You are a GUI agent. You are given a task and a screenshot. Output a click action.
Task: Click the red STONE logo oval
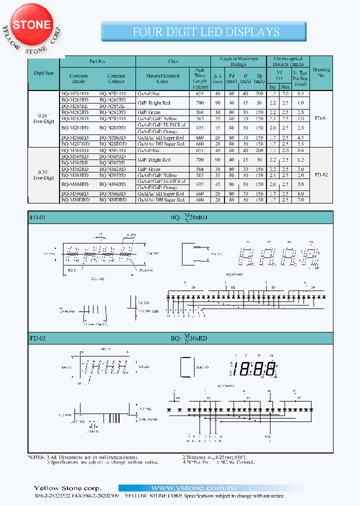pyautogui.click(x=31, y=24)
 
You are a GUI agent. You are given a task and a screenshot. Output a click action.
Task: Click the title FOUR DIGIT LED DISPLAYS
pyautogui.click(x=205, y=32)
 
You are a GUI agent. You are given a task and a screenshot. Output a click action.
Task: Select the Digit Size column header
pyautogui.click(x=44, y=73)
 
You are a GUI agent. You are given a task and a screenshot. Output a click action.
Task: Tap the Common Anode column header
pyautogui.click(x=79, y=78)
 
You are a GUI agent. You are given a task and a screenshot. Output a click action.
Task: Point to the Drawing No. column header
pyautogui.click(x=321, y=73)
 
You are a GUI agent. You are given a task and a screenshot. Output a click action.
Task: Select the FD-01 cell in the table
pyautogui.click(x=321, y=119)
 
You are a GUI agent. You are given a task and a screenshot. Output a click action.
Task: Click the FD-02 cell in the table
pyautogui.click(x=321, y=175)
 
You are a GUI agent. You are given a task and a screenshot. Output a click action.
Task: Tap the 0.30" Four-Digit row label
pyautogui.click(x=44, y=175)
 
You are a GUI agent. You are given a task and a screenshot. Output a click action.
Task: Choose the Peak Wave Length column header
pyautogui.click(x=199, y=78)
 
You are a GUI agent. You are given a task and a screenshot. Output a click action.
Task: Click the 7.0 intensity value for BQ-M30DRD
pyautogui.click(x=300, y=200)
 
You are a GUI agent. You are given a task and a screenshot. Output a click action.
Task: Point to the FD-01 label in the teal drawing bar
pyautogui.click(x=38, y=217)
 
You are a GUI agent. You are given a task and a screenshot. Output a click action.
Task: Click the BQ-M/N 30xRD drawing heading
pyautogui.click(x=188, y=338)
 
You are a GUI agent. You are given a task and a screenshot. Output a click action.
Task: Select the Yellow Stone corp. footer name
pyautogui.click(x=67, y=488)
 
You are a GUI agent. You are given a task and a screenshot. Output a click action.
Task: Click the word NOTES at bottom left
pyautogui.click(x=36, y=457)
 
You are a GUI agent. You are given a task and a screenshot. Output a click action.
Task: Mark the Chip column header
pyautogui.click(x=173, y=61)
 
